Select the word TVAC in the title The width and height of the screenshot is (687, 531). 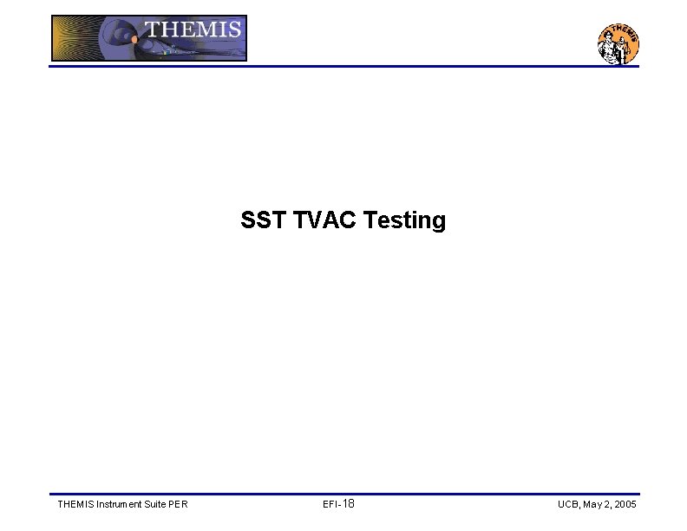tap(324, 220)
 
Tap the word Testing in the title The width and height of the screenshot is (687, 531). tap(405, 221)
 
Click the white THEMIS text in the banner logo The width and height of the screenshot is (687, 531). tap(193, 29)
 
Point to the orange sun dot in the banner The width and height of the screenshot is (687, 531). tap(134, 39)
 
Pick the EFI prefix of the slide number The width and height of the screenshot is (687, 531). tap(330, 505)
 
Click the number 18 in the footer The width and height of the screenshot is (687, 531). tap(349, 504)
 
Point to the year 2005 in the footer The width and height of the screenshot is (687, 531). tap(626, 505)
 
